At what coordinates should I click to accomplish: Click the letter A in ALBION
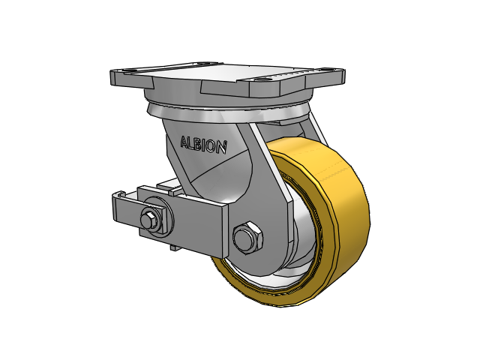click(184, 142)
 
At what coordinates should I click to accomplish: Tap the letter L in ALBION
click(192, 143)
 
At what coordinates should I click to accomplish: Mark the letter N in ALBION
click(222, 147)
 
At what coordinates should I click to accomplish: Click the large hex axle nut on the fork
click(247, 237)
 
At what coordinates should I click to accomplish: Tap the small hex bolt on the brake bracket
click(150, 219)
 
